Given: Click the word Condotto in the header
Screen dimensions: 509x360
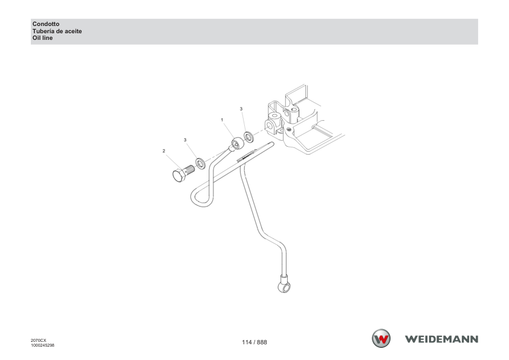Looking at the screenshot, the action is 46,24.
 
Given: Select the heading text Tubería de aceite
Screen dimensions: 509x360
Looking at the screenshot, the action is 57,31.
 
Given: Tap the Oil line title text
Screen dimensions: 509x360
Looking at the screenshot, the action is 42,38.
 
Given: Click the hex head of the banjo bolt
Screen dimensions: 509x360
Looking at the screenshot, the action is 179,175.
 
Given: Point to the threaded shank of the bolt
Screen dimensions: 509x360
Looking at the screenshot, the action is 190,170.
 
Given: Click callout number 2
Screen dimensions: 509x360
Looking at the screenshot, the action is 164,151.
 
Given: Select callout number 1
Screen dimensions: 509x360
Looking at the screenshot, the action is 222,120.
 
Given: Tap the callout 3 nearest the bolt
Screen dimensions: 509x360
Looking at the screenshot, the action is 185,140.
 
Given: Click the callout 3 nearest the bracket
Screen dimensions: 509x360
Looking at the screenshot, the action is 241,109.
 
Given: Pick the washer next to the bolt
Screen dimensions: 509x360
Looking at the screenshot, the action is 201,164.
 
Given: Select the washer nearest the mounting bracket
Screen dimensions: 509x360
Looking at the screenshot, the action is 249,137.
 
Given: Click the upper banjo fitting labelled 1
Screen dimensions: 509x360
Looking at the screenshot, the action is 236,144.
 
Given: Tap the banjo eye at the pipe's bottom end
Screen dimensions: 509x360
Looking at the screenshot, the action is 284,286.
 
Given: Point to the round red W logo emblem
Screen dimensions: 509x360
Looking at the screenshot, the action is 381,339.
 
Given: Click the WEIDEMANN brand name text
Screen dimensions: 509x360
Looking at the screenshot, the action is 441,339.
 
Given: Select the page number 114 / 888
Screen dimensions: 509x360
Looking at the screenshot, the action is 254,342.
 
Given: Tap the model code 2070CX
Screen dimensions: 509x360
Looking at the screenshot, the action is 39,341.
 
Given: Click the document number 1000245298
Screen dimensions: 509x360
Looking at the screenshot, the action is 42,346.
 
